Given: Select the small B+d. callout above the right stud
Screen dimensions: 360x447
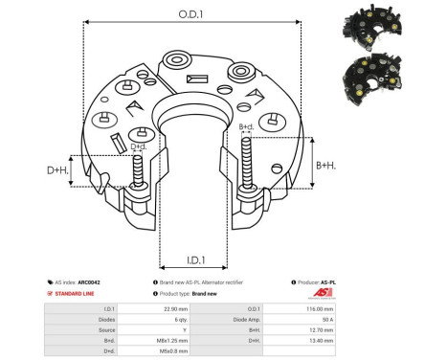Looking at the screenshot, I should point(246,126).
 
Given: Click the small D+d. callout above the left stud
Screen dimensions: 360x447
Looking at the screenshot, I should point(139,146).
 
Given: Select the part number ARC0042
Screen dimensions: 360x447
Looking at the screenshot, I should point(90,282).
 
